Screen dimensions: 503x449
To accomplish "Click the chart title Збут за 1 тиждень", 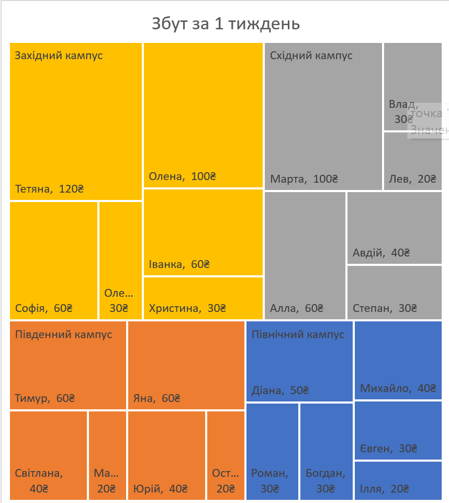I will click(225, 24).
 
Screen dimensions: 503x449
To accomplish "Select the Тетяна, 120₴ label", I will click(50, 189).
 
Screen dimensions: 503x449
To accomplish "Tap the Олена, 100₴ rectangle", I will click(203, 115).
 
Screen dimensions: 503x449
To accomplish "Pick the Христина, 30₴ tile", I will click(203, 298).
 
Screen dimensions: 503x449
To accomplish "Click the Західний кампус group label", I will click(59, 55).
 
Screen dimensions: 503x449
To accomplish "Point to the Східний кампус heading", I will click(311, 55).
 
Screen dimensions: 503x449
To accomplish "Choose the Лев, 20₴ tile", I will click(412, 161).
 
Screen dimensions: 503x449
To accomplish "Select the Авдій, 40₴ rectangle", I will click(394, 228).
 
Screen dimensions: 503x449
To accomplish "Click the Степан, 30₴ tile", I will click(394, 292).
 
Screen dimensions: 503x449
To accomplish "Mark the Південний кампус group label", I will click(63, 334).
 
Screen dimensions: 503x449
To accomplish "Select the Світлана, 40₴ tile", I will click(48, 455).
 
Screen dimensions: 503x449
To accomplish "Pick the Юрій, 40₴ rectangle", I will click(166, 455).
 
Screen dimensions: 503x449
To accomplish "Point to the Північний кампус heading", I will click(298, 334).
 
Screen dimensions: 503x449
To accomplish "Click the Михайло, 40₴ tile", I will click(398, 360).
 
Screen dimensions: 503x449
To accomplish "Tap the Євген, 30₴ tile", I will click(398, 430).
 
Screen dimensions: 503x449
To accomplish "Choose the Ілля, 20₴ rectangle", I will click(398, 480).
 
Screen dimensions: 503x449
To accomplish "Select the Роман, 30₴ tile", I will click(272, 451).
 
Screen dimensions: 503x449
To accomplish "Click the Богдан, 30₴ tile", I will click(326, 451).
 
